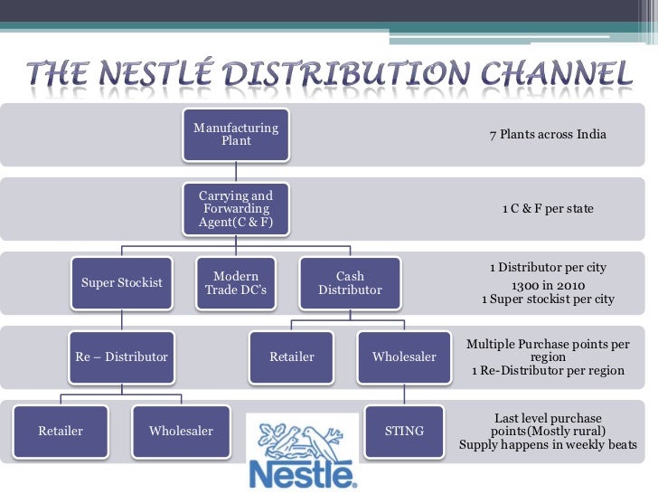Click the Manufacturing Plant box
click(236, 135)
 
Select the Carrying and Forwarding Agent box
click(236, 209)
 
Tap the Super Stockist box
click(122, 282)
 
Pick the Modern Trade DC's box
click(236, 282)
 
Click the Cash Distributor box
click(350, 282)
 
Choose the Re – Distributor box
click(122, 356)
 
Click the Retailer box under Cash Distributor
click(292, 356)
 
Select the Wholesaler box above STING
click(404, 356)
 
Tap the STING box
click(404, 431)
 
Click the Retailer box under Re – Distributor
click(61, 431)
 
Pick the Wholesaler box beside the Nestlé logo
click(181, 431)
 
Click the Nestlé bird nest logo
click(302, 450)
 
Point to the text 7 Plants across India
click(548, 135)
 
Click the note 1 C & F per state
click(548, 209)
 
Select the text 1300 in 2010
click(548, 283)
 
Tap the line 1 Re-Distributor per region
click(548, 371)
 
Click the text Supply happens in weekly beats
click(548, 444)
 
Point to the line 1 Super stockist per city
click(548, 299)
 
